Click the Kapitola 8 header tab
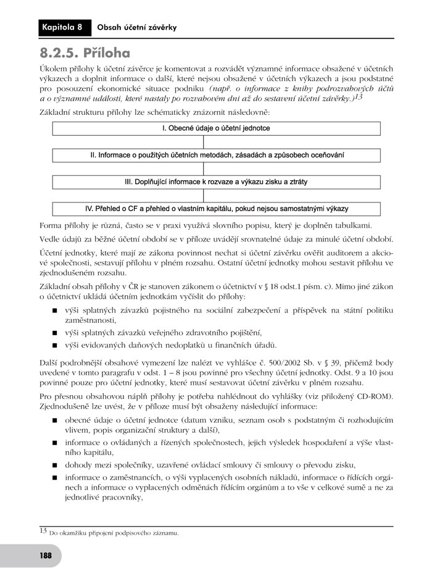(62, 27)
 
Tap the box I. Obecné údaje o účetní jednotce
(216, 128)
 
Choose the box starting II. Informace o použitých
(216, 155)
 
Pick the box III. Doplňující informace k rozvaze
(216, 182)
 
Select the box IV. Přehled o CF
(216, 209)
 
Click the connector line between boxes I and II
(204, 142)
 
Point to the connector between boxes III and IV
(204, 195)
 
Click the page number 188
(45, 555)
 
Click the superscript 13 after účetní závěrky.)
(359, 97)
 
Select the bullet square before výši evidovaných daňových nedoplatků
(54, 346)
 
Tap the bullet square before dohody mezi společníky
(54, 465)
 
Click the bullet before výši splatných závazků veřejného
(54, 333)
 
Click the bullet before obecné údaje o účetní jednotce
(54, 420)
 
